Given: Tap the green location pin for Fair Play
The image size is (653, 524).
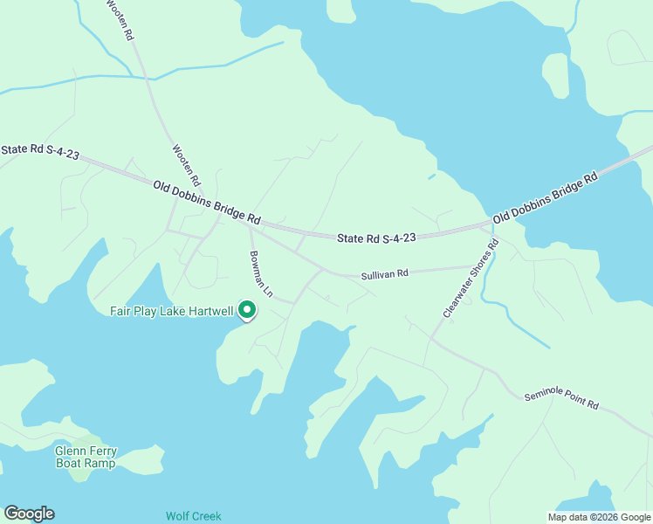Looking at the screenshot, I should pos(247,310).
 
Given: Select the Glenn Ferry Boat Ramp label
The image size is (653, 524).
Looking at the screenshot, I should pos(85,457).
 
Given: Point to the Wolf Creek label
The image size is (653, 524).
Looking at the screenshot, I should pos(194,516).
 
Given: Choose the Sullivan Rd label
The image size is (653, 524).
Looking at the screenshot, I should pos(385,274).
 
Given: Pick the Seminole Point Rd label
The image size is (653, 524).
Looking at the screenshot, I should pos(561,401).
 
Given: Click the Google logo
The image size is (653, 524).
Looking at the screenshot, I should pos(29,514).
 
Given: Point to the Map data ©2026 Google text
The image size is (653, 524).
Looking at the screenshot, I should pos(598,517).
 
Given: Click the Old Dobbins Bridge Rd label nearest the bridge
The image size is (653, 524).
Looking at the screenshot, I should pos(545,196).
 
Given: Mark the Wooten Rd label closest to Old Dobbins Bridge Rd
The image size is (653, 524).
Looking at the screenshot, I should pos(187,165).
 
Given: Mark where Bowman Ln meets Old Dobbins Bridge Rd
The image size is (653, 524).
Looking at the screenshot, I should pos(250,225).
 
